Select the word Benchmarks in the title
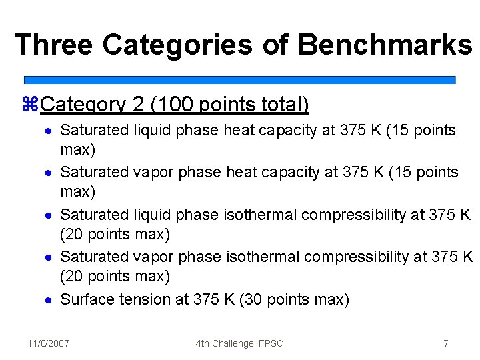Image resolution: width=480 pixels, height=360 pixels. [x=385, y=45]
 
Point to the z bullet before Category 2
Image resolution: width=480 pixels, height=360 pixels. [x=31, y=105]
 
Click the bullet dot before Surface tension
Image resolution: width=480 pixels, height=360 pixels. [x=49, y=299]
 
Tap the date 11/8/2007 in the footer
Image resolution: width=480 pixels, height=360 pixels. [x=48, y=343]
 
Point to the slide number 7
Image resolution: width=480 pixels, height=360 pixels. [x=445, y=343]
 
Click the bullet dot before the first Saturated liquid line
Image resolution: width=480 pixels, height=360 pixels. [x=49, y=130]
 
